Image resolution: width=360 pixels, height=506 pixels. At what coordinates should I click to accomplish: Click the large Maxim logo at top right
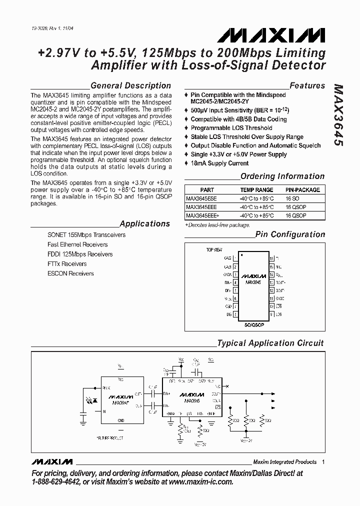tap(271, 34)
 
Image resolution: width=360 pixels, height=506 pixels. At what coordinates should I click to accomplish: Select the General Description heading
tap(130, 85)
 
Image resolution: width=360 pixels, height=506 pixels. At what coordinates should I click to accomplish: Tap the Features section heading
tap(307, 85)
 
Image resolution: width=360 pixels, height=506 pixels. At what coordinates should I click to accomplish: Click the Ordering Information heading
tap(282, 176)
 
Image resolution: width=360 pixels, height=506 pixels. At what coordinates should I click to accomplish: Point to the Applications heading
tap(145, 223)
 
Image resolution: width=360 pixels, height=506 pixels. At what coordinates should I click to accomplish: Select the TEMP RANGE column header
tap(256, 190)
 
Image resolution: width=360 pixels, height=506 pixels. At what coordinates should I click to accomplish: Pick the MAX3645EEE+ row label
tap(203, 215)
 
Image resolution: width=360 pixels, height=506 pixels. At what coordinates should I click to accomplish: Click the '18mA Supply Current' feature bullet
tap(219, 163)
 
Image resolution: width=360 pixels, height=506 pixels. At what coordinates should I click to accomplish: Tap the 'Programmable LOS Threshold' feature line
tap(231, 128)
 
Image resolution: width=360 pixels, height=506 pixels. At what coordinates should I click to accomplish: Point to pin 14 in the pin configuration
tap(271, 275)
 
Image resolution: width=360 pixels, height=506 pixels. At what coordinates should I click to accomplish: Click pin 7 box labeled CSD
tap(235, 306)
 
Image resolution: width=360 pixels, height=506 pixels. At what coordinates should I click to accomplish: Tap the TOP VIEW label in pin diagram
tap(214, 249)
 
